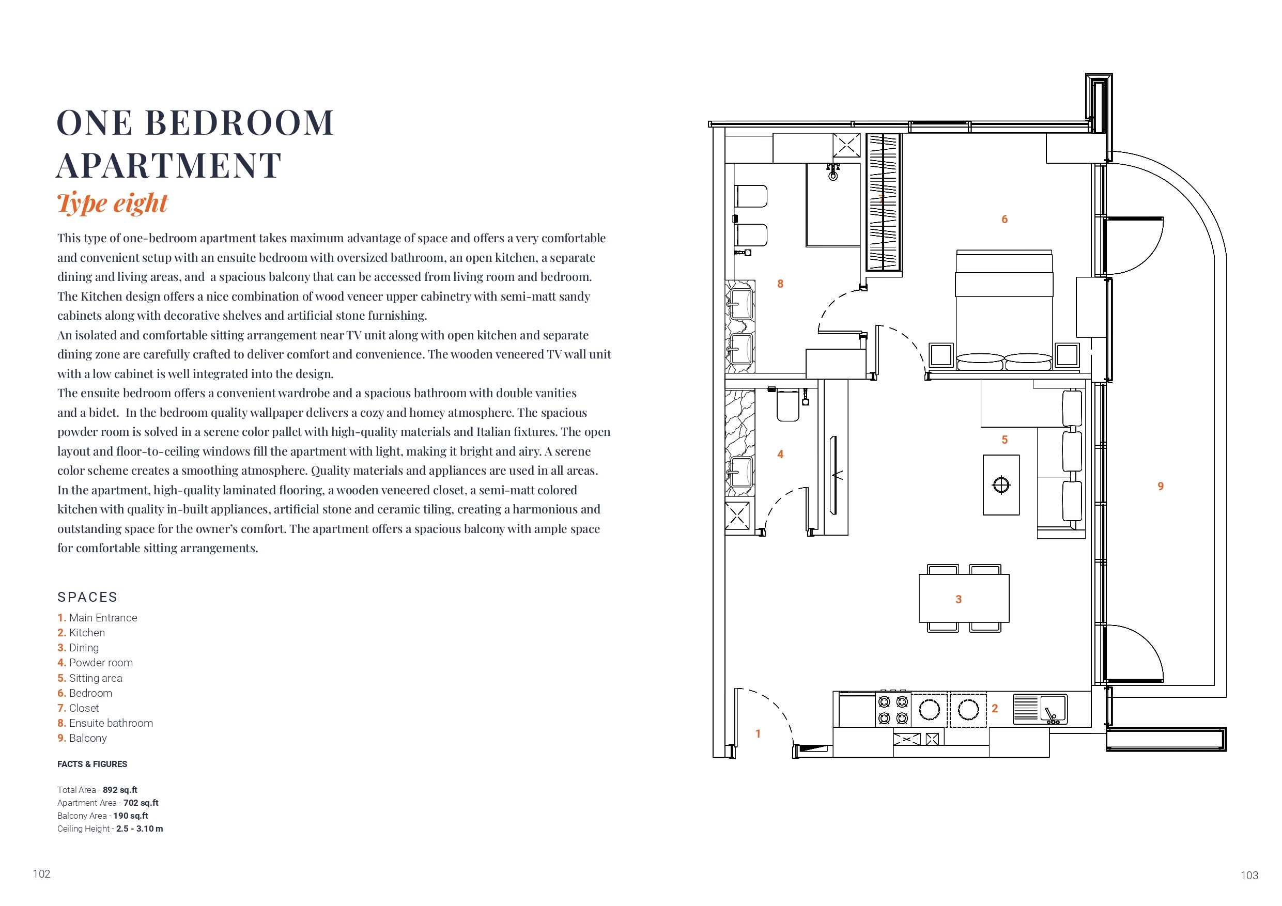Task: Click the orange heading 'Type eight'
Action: pos(112,203)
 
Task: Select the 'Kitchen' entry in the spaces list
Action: pos(81,632)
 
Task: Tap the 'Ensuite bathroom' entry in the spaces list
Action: pos(105,723)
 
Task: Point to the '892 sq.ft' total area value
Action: pos(120,790)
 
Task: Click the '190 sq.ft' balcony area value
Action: pos(131,816)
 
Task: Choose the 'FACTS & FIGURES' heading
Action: pos(92,764)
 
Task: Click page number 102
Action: pos(42,873)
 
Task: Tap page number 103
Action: pos(1249,876)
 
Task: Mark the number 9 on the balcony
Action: pos(1161,486)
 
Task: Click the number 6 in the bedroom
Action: pos(1005,220)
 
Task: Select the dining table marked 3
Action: pos(964,599)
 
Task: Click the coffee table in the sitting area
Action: pos(1001,485)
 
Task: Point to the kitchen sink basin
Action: pos(1053,709)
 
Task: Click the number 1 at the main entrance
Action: pos(758,734)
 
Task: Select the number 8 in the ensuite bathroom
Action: pos(781,284)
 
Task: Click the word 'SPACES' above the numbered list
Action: pos(88,597)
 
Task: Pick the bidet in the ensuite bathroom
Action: pos(751,236)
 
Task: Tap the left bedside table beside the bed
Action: pos(941,355)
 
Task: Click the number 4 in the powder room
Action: pos(781,455)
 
